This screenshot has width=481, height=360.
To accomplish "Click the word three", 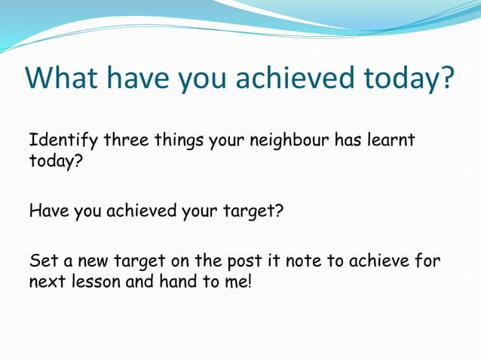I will click(x=125, y=142).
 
